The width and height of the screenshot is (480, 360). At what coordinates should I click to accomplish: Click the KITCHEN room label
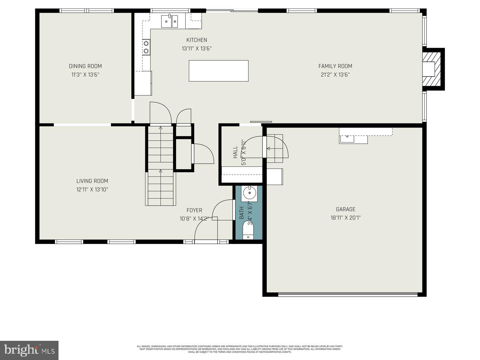196,40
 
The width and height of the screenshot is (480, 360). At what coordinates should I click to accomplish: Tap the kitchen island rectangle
218,71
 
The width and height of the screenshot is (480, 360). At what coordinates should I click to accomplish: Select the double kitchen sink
169,21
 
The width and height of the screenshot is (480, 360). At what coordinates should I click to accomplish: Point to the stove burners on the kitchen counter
146,47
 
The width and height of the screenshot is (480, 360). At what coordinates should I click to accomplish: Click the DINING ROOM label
85,66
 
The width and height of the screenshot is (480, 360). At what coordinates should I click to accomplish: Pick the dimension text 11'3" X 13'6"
85,74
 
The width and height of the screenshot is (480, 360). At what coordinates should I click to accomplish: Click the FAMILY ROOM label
335,66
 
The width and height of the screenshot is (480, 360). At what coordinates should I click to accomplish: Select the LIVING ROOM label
92,181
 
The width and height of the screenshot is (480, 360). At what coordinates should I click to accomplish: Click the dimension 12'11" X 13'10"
92,189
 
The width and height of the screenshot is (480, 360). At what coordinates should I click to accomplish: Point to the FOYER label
194,210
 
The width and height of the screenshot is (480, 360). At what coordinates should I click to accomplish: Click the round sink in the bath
249,193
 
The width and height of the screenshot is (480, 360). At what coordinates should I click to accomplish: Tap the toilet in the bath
248,230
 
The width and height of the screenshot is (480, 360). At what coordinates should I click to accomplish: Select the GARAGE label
345,209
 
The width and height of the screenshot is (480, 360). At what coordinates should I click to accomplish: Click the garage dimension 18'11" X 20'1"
345,218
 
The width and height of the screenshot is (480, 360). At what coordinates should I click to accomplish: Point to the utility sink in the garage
347,139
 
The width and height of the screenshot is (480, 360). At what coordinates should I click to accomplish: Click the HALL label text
235,152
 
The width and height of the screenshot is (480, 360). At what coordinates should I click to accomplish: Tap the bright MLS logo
29,350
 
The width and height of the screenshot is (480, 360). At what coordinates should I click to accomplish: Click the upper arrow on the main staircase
160,128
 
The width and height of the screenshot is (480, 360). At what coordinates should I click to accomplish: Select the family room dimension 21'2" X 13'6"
335,74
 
